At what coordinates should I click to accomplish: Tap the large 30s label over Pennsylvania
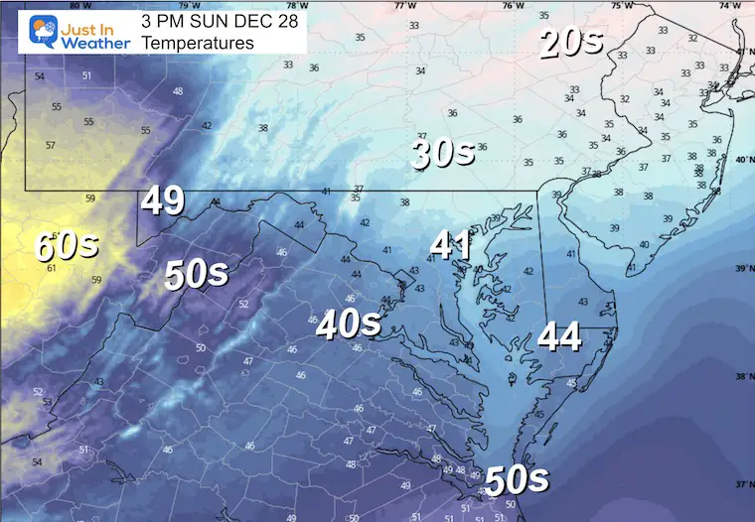click(x=443, y=153)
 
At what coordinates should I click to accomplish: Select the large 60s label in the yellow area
click(x=66, y=244)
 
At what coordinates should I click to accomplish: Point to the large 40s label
click(x=349, y=324)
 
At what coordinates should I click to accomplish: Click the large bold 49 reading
click(x=162, y=200)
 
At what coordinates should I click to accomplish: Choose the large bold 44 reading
click(x=559, y=337)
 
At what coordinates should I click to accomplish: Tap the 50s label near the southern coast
click(x=517, y=479)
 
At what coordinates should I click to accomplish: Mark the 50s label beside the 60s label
click(x=198, y=275)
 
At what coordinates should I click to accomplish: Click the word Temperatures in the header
click(x=197, y=44)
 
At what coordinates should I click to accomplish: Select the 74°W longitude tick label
click(x=728, y=5)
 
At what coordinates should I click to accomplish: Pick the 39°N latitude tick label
click(x=742, y=269)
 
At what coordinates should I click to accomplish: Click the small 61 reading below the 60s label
click(x=52, y=268)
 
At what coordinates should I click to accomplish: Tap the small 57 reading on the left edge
click(x=50, y=145)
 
